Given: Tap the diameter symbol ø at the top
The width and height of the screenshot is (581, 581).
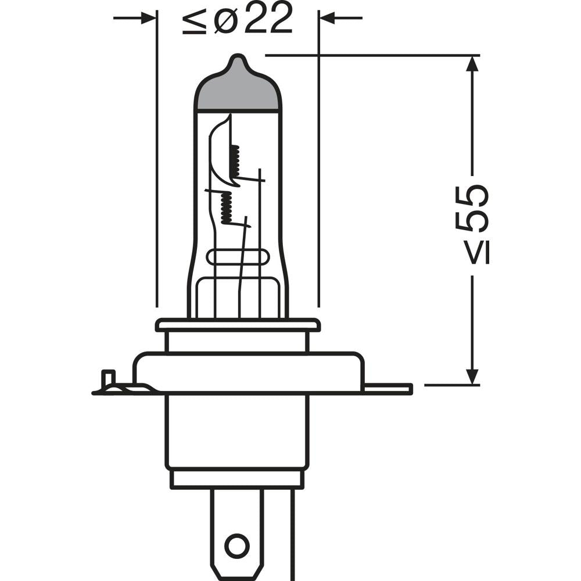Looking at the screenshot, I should pos(224,20).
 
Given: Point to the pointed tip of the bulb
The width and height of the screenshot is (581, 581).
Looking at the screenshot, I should pos(236,59).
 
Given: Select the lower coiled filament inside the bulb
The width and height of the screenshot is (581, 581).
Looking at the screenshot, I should pos(226,208).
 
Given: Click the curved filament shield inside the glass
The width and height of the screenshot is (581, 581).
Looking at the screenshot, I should pos(218,151).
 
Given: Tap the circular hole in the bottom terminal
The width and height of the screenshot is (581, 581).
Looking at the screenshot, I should pos(236,546).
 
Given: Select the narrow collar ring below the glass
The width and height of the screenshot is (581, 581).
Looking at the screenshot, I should pos(238,325).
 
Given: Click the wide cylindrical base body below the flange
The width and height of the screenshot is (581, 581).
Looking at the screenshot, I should pos(237,430).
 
